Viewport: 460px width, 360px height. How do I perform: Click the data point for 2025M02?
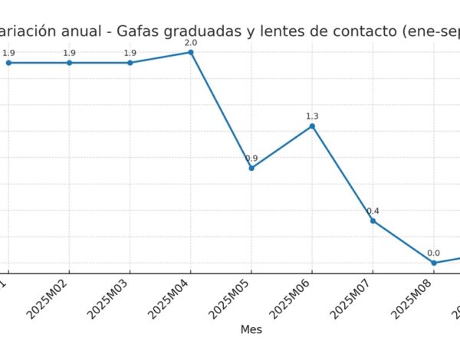[69, 63]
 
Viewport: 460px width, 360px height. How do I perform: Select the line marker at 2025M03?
[130, 63]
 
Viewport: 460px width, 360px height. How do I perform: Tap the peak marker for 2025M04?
[191, 52]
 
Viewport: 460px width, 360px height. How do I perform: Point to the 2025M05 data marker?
[251, 168]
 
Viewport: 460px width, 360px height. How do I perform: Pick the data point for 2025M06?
[312, 126]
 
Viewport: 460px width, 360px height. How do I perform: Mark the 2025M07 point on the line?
[373, 221]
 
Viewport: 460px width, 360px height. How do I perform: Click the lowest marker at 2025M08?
[433, 263]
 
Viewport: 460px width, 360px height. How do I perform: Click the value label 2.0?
[191, 43]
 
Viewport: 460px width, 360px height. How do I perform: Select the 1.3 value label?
[312, 116]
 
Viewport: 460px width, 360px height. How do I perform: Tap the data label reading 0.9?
[251, 159]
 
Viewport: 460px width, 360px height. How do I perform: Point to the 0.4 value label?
[373, 211]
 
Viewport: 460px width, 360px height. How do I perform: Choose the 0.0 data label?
[433, 254]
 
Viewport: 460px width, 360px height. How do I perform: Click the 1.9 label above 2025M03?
[130, 53]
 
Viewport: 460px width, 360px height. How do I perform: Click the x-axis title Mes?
[251, 329]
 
